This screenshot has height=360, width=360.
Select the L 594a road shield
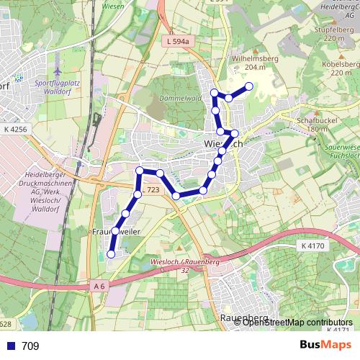(176, 42)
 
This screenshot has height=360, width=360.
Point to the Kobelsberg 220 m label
(341, 67)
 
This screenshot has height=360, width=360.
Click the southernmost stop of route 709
(111, 253)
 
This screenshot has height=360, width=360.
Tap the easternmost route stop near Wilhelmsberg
(249, 86)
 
